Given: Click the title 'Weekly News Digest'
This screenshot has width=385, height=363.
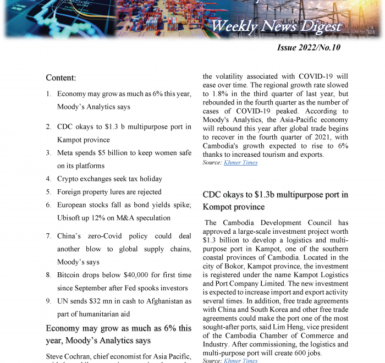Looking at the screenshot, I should tap(276, 26).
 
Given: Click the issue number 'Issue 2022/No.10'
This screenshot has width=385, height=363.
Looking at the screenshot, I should tap(309, 47).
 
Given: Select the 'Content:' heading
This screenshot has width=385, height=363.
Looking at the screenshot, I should tap(61, 78).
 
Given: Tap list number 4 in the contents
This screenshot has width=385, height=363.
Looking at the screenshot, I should tap(49, 179).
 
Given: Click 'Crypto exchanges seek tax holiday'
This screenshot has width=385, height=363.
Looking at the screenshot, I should tap(109, 179).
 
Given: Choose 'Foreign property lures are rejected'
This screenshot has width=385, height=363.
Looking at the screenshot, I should tap(109, 192).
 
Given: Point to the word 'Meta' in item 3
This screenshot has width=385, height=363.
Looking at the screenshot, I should tap(67, 153).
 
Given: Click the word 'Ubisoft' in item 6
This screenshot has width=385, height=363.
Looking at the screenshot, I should tap(70, 218).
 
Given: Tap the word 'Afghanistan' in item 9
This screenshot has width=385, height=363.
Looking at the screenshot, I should tap(162, 301).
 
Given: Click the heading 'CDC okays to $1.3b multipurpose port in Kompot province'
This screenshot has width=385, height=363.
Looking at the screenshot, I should tap(275, 201).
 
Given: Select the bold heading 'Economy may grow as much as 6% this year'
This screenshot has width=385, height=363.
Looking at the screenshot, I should tap(119, 334).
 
